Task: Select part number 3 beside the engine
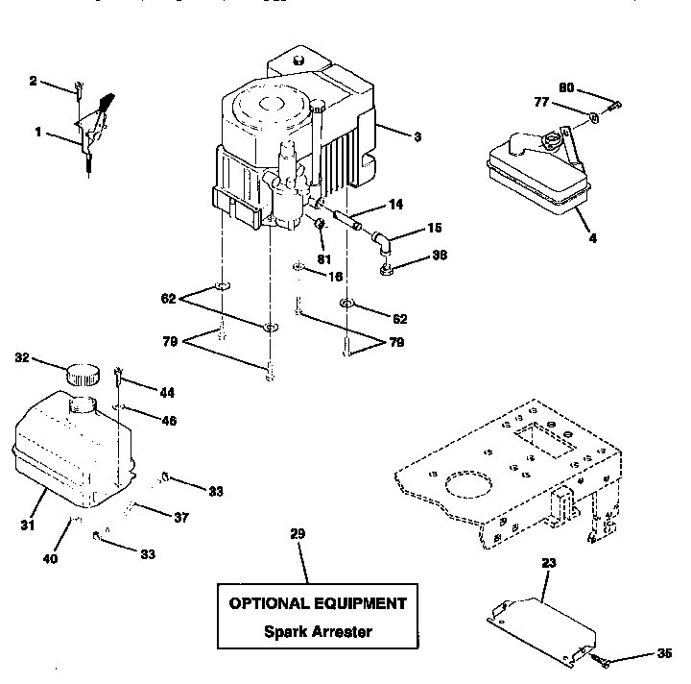tap(417, 137)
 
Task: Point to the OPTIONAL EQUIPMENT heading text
tap(317, 603)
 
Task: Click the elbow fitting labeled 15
tap(383, 239)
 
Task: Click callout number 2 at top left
tap(33, 82)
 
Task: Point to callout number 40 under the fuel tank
tap(50, 557)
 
